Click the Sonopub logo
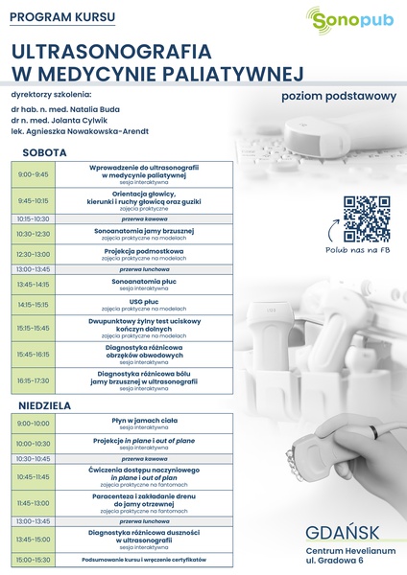(x=348, y=20)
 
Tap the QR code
(x=367, y=218)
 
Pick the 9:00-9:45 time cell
(x=33, y=174)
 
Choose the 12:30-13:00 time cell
(x=33, y=254)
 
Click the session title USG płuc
(x=143, y=301)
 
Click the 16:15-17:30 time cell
(x=33, y=380)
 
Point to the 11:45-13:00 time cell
(x=33, y=502)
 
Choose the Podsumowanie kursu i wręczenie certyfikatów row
(x=143, y=559)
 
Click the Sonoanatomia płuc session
(x=143, y=282)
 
